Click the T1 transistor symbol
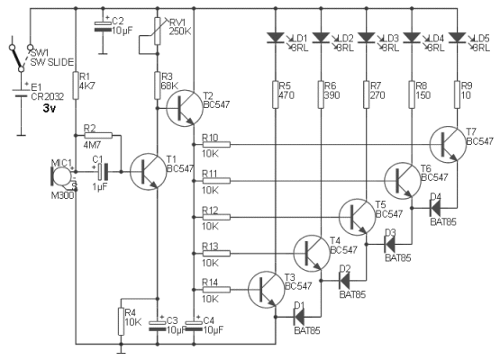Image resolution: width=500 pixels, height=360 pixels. [149, 172]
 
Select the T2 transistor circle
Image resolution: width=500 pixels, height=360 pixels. [185, 108]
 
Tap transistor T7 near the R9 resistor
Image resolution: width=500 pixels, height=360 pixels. [448, 145]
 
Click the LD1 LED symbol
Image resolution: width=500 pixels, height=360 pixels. [276, 38]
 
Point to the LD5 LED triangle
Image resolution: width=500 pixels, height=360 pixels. [457, 38]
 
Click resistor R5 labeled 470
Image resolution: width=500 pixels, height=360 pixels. [276, 94]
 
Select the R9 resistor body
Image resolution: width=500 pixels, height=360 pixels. [457, 94]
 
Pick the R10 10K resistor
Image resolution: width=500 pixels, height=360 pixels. [216, 145]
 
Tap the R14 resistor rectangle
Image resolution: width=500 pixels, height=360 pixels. [216, 289]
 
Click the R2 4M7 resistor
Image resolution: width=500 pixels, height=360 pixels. [98, 136]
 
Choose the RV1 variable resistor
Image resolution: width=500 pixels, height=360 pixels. [157, 31]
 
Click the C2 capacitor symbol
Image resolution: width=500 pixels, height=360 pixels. [103, 26]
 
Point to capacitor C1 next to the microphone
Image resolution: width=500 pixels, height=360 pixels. [103, 172]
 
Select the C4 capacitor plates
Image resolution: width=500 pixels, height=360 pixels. [194, 326]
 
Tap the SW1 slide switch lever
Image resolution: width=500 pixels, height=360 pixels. [16, 58]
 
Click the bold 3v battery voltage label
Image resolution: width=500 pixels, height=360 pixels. [50, 109]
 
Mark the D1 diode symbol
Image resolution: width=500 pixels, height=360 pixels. [299, 317]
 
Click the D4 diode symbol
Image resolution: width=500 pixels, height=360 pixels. [435, 208]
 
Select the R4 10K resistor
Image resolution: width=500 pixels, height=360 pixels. [121, 321]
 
